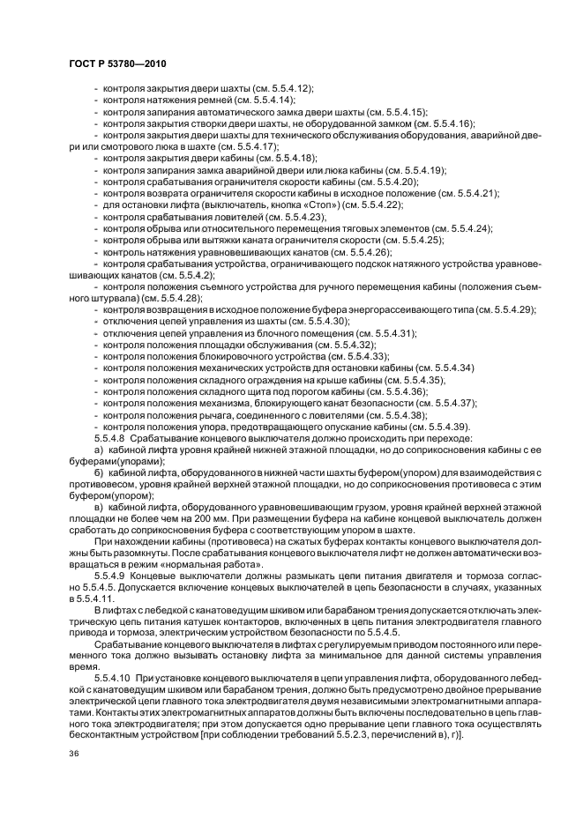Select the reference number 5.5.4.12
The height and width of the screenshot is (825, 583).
click(284, 90)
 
